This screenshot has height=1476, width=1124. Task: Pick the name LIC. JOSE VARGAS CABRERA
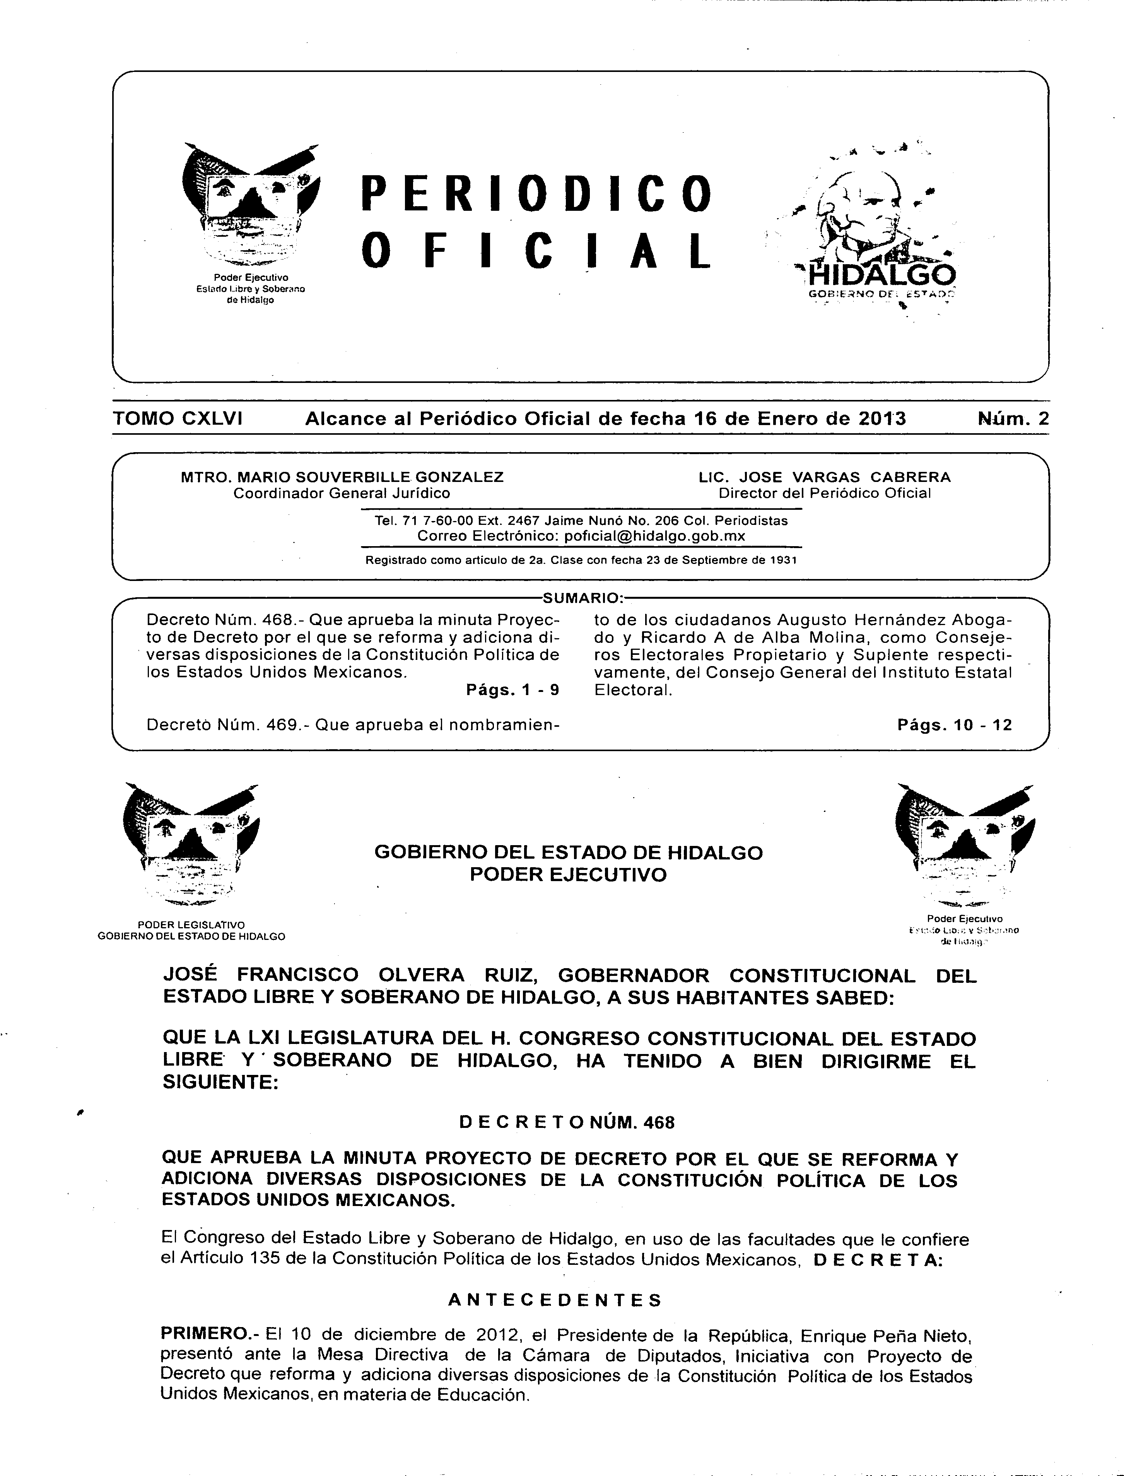pyautogui.click(x=824, y=477)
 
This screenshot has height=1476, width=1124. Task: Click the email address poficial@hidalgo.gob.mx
pyautogui.click(x=654, y=536)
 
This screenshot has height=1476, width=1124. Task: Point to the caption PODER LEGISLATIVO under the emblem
pyautogui.click(x=191, y=925)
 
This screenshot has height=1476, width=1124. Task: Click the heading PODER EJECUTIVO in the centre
pyautogui.click(x=568, y=875)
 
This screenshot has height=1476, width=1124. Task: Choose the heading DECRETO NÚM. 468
pyautogui.click(x=567, y=1122)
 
